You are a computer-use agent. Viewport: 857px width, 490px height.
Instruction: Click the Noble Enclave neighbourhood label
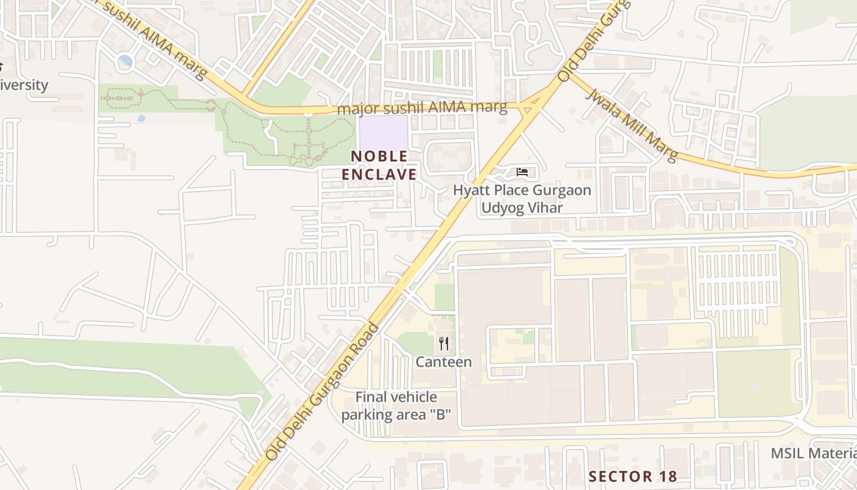(x=379, y=165)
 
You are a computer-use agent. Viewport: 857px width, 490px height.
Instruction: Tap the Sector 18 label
(x=632, y=476)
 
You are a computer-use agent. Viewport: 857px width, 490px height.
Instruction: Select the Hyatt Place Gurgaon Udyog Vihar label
(x=522, y=198)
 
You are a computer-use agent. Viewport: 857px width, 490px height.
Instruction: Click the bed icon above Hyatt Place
(x=522, y=172)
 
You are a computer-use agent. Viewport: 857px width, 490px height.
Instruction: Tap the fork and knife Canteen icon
(x=444, y=344)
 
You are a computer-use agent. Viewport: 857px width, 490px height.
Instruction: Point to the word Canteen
(x=444, y=362)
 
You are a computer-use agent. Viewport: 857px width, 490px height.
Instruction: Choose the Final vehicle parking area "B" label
(x=396, y=406)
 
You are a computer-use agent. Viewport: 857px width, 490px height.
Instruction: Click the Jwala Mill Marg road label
(x=632, y=125)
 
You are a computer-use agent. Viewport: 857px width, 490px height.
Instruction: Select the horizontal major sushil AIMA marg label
(x=422, y=108)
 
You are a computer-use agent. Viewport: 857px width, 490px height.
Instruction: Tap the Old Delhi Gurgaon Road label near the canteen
(x=323, y=392)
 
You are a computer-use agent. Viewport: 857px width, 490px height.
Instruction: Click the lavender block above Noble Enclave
(x=383, y=131)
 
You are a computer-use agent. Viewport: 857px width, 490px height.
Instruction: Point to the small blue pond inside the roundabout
(x=125, y=61)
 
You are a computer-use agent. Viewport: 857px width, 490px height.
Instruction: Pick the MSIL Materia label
(x=814, y=453)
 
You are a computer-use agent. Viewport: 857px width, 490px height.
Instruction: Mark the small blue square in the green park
(x=142, y=118)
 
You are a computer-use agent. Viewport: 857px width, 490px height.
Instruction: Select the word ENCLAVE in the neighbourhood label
(x=379, y=175)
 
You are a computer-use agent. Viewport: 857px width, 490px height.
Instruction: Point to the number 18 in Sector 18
(x=665, y=476)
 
